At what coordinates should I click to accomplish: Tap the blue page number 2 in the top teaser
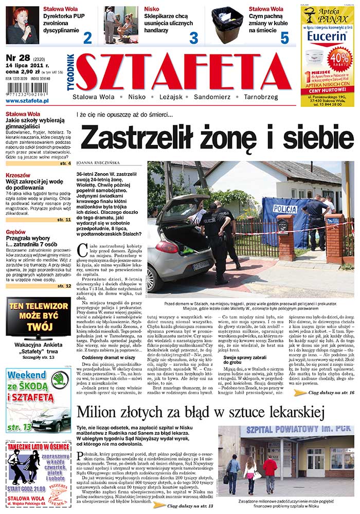[87, 37]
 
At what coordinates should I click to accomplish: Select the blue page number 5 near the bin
[284, 38]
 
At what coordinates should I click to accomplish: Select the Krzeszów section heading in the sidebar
[18, 175]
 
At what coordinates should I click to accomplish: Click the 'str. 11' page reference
[64, 219]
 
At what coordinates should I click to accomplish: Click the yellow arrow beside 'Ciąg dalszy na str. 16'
[300, 392]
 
